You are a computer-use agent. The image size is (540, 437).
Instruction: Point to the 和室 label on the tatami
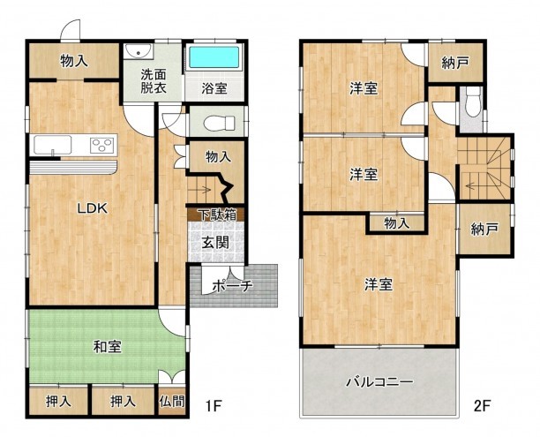point(107,347)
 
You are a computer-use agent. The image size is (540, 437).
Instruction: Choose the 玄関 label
point(214,241)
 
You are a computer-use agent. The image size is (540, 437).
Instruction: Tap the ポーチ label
point(233,285)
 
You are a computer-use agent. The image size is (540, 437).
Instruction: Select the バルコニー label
point(379,382)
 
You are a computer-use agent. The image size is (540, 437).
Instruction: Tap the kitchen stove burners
point(101,145)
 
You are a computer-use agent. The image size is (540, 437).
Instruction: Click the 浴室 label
point(214,88)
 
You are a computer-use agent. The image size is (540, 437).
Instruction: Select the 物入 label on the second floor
point(397,224)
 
